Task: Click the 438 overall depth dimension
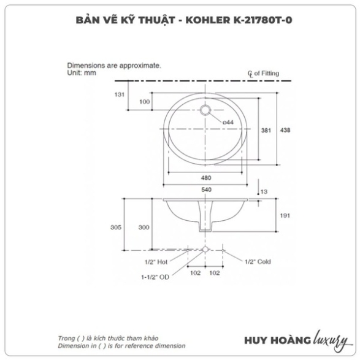click(285, 130)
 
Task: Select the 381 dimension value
click(266, 131)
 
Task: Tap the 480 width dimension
click(206, 178)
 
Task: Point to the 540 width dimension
click(206, 190)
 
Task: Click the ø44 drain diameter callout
click(228, 123)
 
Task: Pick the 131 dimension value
click(120, 94)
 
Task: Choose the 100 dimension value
click(144, 101)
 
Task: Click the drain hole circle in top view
click(205, 110)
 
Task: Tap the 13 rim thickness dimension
click(264, 192)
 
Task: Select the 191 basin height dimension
click(285, 216)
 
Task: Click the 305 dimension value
click(116, 228)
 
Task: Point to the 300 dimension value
click(144, 228)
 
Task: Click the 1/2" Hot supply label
click(156, 262)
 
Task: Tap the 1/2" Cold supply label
click(258, 262)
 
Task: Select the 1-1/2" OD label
click(155, 277)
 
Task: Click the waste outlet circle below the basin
click(205, 250)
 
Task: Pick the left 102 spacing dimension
click(196, 273)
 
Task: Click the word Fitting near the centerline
click(270, 73)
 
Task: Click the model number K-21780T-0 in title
click(263, 20)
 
